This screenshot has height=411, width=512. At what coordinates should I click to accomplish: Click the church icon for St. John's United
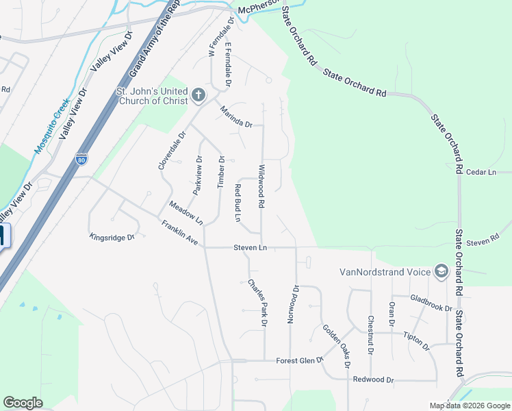click(x=199, y=95)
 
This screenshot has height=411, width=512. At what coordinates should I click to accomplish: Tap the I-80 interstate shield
click(x=82, y=160)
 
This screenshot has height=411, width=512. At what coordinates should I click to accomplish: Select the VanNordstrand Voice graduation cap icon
click(x=441, y=272)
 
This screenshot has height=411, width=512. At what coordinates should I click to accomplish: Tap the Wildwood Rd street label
click(x=261, y=186)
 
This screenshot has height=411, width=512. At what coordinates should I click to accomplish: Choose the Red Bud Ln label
click(x=238, y=202)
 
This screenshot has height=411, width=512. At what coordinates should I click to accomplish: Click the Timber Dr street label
click(x=220, y=171)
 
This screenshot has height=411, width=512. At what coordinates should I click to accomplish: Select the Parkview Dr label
click(x=198, y=176)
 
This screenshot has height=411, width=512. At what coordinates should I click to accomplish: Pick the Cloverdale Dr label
click(x=162, y=151)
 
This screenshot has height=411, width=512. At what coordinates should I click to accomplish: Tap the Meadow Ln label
click(x=186, y=213)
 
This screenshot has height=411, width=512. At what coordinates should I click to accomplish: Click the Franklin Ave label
click(x=179, y=233)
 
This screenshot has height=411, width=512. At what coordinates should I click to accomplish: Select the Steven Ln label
click(x=249, y=247)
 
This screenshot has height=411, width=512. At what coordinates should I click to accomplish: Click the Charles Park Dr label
click(x=257, y=301)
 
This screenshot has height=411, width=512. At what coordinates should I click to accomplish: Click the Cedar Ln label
click(x=481, y=173)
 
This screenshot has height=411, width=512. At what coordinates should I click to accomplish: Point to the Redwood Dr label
click(x=373, y=379)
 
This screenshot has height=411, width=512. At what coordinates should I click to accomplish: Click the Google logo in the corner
click(x=23, y=403)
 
